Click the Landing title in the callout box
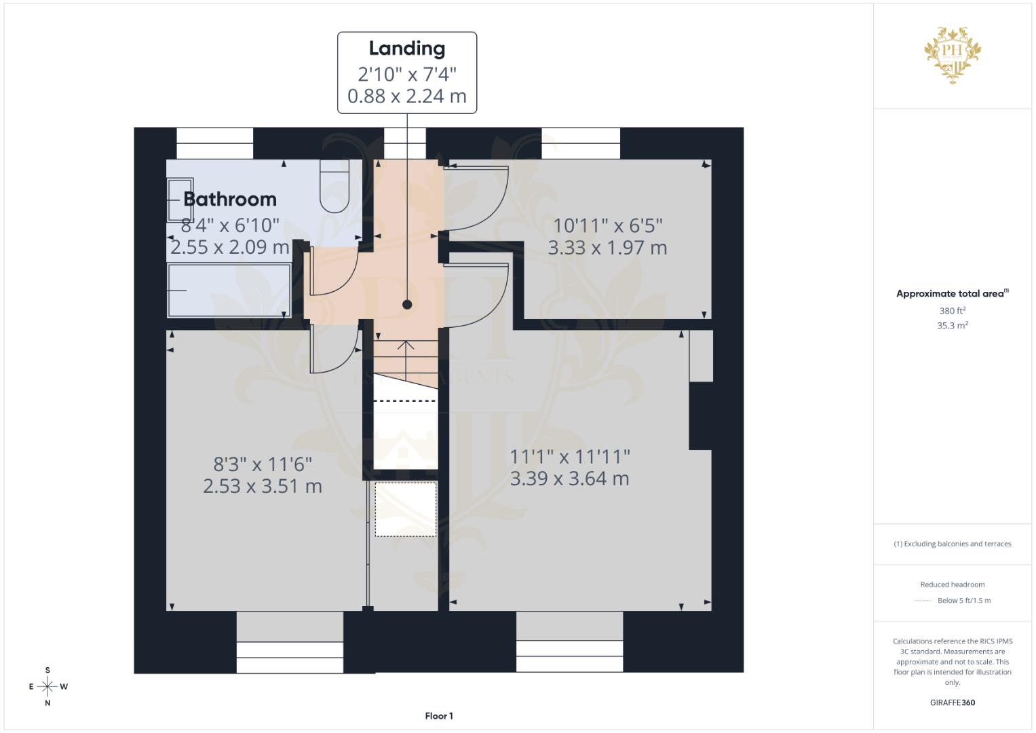[x=407, y=49]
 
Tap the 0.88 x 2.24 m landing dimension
[x=407, y=96]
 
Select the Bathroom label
[x=230, y=200]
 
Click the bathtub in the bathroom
[x=229, y=290]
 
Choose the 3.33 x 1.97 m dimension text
[x=608, y=248]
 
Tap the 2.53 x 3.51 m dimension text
[x=263, y=487]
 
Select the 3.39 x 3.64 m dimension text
[x=569, y=478]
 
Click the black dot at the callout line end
[x=407, y=305]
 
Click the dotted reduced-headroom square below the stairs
[x=406, y=509]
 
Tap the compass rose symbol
[x=47, y=686]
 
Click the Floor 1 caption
[x=439, y=716]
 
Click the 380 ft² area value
[x=953, y=311]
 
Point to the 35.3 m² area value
[x=953, y=325]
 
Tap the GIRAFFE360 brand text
[x=953, y=702]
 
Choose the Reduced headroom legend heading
[x=953, y=584]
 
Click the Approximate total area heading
[x=953, y=293]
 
